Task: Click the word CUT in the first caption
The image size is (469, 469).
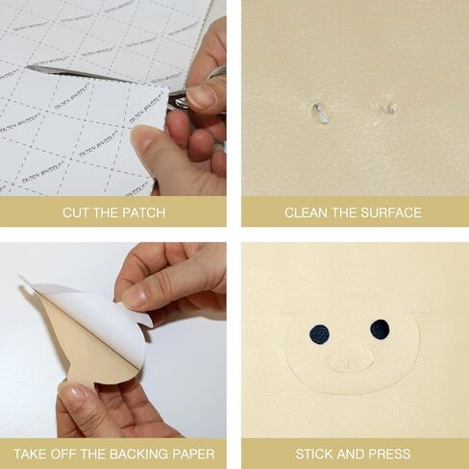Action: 76,212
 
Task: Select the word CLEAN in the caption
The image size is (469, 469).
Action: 307,212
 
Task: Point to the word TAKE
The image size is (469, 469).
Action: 32,454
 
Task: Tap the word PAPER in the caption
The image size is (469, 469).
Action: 191,454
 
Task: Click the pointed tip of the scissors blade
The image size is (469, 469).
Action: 28,67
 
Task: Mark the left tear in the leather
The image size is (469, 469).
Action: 320,113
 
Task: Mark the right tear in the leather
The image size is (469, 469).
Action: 388,108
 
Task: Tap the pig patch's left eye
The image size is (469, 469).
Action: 319,333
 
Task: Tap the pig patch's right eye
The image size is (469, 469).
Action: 380,329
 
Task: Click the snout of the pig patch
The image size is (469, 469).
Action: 350,362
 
